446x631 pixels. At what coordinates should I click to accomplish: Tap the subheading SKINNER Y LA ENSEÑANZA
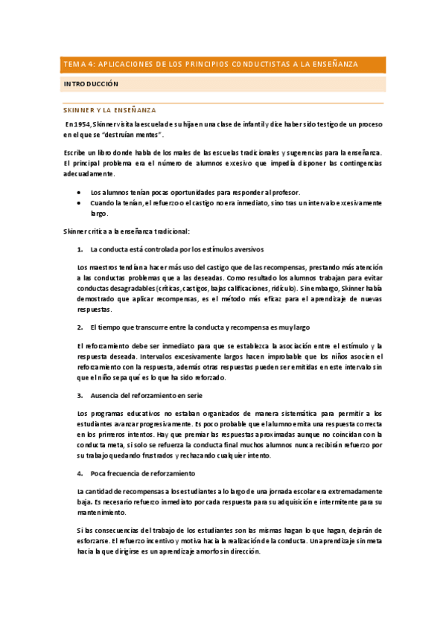pos(109,109)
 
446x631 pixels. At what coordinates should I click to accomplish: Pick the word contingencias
pos(360,162)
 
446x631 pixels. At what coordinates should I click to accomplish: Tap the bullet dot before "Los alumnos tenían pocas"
pos(80,191)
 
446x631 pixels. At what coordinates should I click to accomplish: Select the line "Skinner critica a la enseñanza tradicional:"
pos(127,231)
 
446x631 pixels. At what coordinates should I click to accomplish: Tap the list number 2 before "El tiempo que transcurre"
pos(80,327)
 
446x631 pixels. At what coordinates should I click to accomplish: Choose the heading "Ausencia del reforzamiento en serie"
pos(146,395)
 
